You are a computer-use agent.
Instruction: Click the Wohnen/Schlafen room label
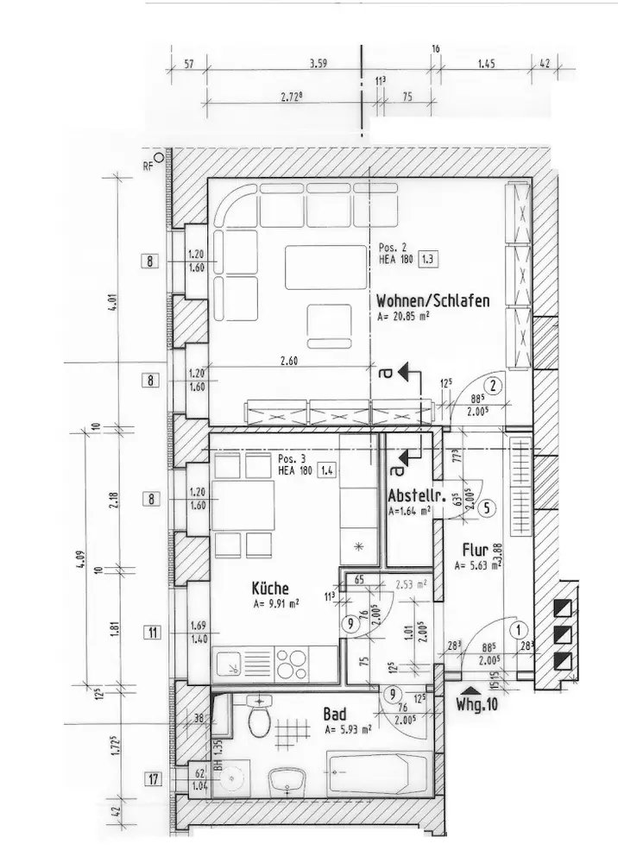coord(433,301)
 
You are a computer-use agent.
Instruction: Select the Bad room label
coord(335,715)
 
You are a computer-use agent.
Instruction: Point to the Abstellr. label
coord(415,497)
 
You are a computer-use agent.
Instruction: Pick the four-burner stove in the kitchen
coord(291,665)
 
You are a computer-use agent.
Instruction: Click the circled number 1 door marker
coord(518,630)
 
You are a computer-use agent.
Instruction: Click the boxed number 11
coord(152,633)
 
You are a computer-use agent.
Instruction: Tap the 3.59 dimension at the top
coord(321,63)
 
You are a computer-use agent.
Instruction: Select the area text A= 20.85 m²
coord(403,317)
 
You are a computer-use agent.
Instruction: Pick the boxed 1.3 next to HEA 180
coord(428,258)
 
